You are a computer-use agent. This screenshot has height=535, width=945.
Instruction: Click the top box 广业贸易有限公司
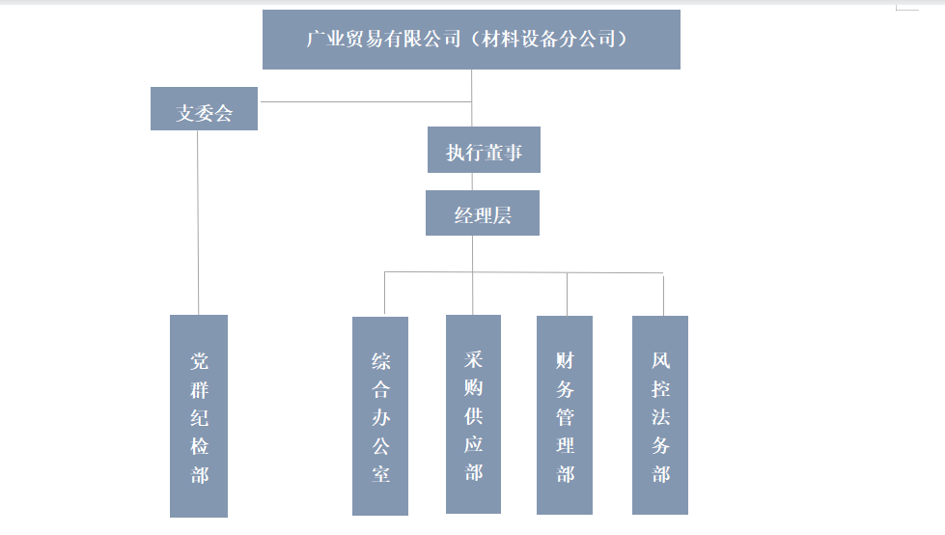(x=471, y=40)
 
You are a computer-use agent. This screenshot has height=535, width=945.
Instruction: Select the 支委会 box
(x=204, y=109)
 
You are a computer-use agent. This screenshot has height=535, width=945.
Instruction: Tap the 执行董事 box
(x=484, y=151)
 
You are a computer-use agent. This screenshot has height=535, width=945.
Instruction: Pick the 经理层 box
(x=482, y=213)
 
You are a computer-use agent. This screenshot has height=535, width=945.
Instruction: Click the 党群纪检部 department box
(x=199, y=415)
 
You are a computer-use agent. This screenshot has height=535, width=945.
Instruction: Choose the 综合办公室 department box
(x=380, y=415)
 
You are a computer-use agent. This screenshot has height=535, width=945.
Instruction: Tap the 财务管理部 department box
(x=565, y=414)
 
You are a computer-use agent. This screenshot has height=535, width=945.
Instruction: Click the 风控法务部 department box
(x=660, y=415)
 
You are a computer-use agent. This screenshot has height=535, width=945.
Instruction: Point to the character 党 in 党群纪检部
(x=199, y=362)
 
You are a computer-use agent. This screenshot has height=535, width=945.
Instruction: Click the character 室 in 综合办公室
(x=380, y=474)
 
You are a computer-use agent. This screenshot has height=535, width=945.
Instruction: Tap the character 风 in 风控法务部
(x=660, y=361)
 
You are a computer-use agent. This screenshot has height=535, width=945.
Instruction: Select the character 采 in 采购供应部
(x=473, y=359)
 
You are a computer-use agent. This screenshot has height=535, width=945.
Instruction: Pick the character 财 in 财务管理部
(x=565, y=360)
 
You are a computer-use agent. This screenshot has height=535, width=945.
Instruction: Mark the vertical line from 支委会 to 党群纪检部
(x=198, y=222)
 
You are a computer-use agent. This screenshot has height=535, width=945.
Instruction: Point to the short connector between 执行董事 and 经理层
(x=472, y=182)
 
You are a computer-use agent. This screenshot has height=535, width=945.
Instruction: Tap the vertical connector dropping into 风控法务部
(x=663, y=296)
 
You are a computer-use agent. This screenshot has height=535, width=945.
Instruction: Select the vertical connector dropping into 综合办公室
(x=384, y=294)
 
